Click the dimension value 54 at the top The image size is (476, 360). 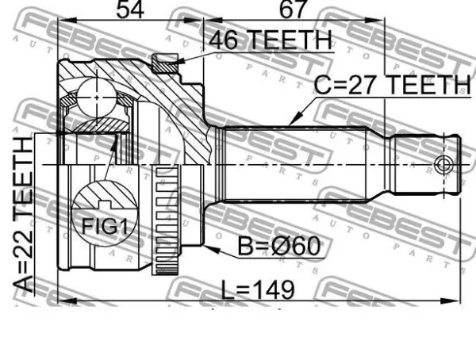(130, 10)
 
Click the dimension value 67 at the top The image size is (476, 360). (292, 10)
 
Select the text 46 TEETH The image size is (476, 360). (271, 40)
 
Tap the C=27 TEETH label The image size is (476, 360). (392, 85)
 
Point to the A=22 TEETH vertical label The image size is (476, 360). (23, 215)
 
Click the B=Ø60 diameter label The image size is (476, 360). (279, 247)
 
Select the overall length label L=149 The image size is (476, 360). (258, 290)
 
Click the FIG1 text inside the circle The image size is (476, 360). (105, 227)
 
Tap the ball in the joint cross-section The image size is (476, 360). (97, 98)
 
